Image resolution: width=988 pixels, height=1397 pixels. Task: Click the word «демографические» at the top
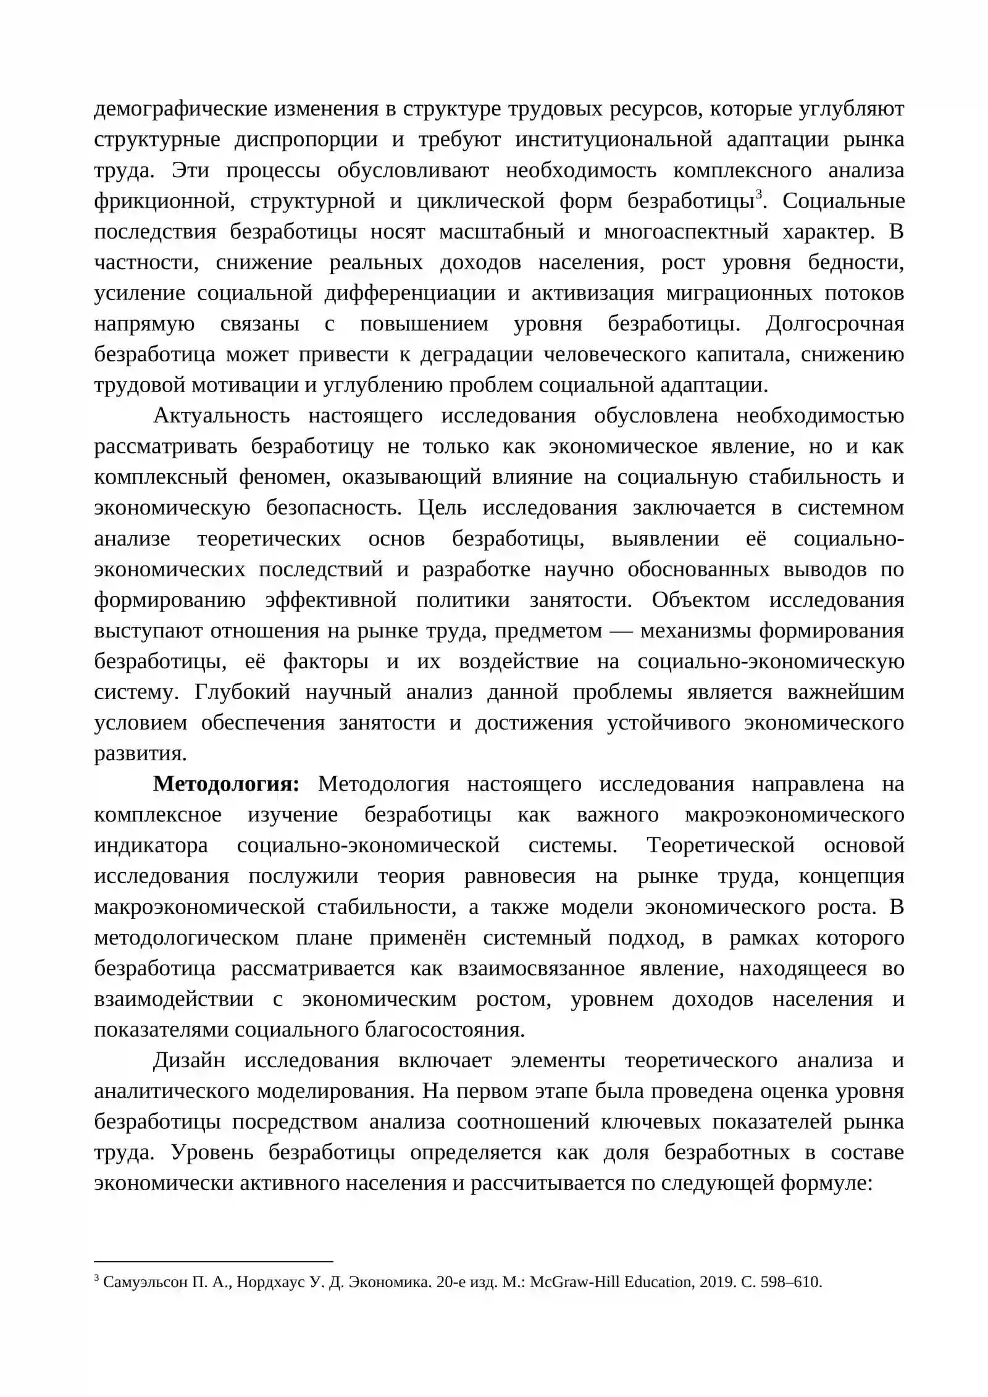175,109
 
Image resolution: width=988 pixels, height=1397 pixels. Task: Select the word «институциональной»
614,140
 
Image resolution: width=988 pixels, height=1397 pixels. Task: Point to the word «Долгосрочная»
835,324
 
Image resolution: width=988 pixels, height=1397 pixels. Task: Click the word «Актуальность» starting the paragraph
222,416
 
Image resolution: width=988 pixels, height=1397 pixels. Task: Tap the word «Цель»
442,508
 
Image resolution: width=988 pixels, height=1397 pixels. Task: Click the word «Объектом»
700,600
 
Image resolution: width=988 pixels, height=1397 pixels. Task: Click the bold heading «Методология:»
226,784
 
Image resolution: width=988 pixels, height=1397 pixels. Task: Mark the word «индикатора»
151,845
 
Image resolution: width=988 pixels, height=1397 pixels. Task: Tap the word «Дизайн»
189,1060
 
